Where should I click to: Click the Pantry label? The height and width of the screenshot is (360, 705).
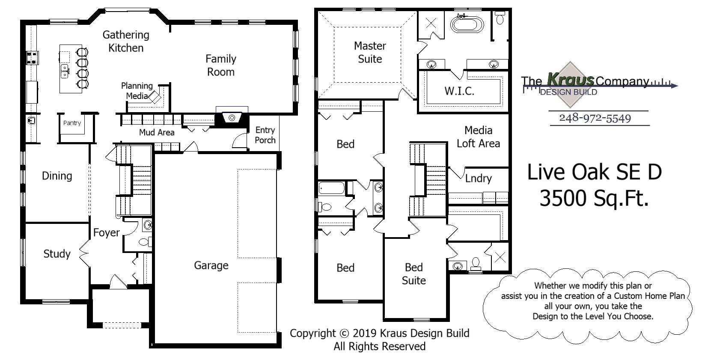click(x=72, y=123)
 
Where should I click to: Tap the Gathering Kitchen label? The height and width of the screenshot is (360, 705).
click(x=126, y=41)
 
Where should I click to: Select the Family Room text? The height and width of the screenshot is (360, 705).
click(x=221, y=65)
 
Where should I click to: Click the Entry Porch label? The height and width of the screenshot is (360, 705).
click(x=265, y=135)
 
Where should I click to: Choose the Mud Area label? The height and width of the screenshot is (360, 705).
click(x=157, y=133)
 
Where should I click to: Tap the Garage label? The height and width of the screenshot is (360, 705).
click(x=211, y=265)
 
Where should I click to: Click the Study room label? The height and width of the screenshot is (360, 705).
click(x=57, y=254)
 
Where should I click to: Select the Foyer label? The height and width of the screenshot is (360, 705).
click(x=106, y=233)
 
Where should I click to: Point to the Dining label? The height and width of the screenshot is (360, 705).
click(x=57, y=176)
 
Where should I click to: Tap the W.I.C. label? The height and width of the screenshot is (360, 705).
click(x=459, y=91)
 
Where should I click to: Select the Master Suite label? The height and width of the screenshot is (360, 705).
click(x=370, y=52)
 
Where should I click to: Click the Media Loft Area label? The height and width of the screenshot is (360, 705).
click(x=478, y=137)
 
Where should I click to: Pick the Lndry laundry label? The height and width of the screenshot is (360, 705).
click(x=478, y=179)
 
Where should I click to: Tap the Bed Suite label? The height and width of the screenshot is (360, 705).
click(x=413, y=274)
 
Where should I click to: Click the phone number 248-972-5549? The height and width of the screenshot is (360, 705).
click(x=595, y=118)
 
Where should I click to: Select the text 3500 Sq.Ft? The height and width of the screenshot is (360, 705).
click(x=594, y=199)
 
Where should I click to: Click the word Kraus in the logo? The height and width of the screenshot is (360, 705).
click(x=571, y=80)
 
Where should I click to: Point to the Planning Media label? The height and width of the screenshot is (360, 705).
click(x=137, y=91)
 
